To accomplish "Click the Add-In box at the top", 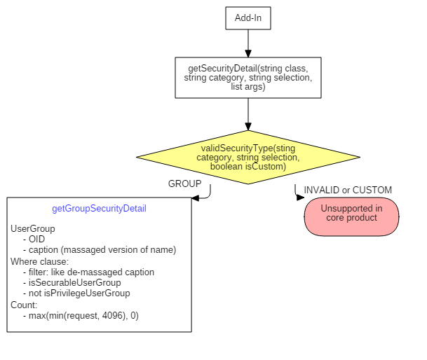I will pyautogui.click(x=248, y=18).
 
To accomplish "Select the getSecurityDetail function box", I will pyautogui.click(x=248, y=78).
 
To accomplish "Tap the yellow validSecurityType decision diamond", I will pyautogui.click(x=248, y=158).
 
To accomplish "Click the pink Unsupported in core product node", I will pyautogui.click(x=351, y=216).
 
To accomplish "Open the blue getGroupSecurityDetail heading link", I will pyautogui.click(x=99, y=209).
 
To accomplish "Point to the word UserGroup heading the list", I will pyautogui.click(x=33, y=228).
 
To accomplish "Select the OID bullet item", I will pyautogui.click(x=36, y=239).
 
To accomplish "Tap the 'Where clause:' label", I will pyautogui.click(x=39, y=261).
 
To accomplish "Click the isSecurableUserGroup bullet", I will pyautogui.click(x=75, y=282).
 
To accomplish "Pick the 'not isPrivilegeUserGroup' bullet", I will pyautogui.click(x=79, y=293).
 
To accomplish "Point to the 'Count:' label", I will pyautogui.click(x=24, y=305).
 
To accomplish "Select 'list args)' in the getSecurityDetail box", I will pyautogui.click(x=248, y=87).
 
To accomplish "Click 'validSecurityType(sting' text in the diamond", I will pyautogui.click(x=248, y=148).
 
